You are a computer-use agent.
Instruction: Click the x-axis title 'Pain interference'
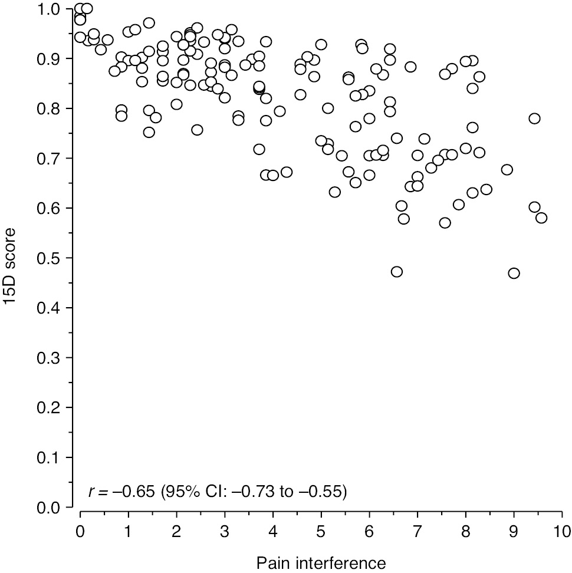point(321,562)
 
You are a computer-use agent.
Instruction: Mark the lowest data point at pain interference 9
point(514,273)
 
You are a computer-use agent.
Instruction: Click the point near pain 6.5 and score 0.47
point(397,272)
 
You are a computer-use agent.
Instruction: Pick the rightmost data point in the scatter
point(541,218)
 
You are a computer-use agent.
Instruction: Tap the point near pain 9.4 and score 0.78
point(534,118)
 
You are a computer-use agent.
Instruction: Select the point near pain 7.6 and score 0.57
point(445,223)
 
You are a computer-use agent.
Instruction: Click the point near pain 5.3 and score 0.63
point(335,192)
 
